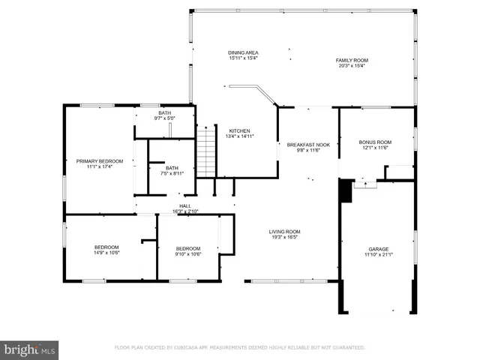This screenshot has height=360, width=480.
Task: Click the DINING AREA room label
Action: pyautogui.click(x=243, y=52)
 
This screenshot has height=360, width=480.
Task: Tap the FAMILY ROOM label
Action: pyautogui.click(x=352, y=60)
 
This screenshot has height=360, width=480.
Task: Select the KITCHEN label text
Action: pyautogui.click(x=239, y=130)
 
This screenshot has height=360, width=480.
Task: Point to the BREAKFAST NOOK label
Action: pyautogui.click(x=308, y=145)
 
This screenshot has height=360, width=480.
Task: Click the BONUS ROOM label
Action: pyautogui.click(x=375, y=142)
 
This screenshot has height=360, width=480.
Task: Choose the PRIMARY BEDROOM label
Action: pyautogui.click(x=100, y=161)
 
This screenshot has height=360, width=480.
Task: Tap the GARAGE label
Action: pyautogui.click(x=378, y=249)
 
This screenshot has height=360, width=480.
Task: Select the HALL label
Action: pyautogui.click(x=184, y=205)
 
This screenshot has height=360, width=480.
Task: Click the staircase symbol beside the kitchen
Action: pyautogui.click(x=206, y=151)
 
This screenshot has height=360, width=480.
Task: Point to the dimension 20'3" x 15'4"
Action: pyautogui.click(x=352, y=65)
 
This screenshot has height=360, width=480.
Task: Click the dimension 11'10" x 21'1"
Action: pyautogui.click(x=378, y=254)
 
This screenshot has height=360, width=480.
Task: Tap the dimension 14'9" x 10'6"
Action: pyautogui.click(x=106, y=253)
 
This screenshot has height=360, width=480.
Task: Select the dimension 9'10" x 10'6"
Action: pyautogui.click(x=188, y=253)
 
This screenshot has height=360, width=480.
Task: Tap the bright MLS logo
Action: pyautogui.click(x=29, y=349)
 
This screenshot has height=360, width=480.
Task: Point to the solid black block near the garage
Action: pyautogui.click(x=346, y=190)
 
